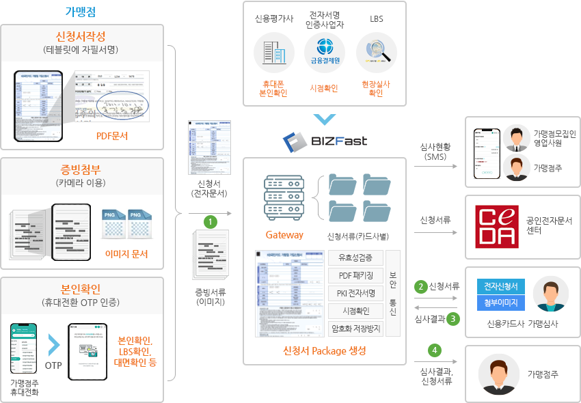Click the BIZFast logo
point(325,141)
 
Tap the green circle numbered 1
point(212,222)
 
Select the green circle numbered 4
point(434,350)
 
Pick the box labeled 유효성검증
point(355,258)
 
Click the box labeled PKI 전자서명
point(355,293)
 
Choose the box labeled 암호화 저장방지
point(355,329)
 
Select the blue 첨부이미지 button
point(500,303)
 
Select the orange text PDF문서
point(112,136)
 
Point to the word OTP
point(53,365)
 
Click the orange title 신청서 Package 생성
point(324,351)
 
